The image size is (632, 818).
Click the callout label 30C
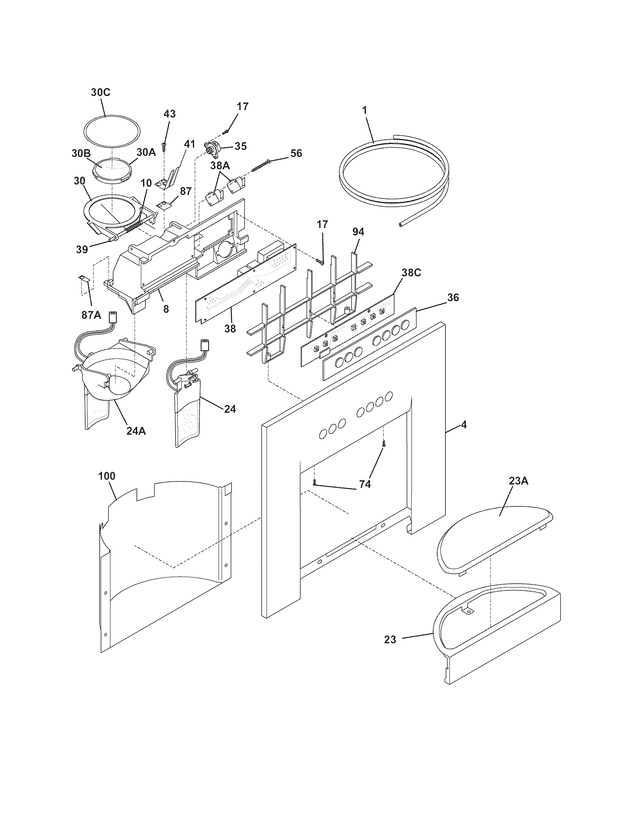[x=101, y=92]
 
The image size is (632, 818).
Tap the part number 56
[x=296, y=153]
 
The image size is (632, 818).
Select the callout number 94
[x=358, y=232]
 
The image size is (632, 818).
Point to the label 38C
[x=411, y=273]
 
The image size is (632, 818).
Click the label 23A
[x=518, y=481]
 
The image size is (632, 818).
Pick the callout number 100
[x=107, y=476]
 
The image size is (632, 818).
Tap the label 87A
[x=91, y=315]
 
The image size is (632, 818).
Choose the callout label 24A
[x=136, y=431]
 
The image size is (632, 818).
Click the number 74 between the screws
[x=365, y=484]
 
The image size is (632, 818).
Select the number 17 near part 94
[x=322, y=224]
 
